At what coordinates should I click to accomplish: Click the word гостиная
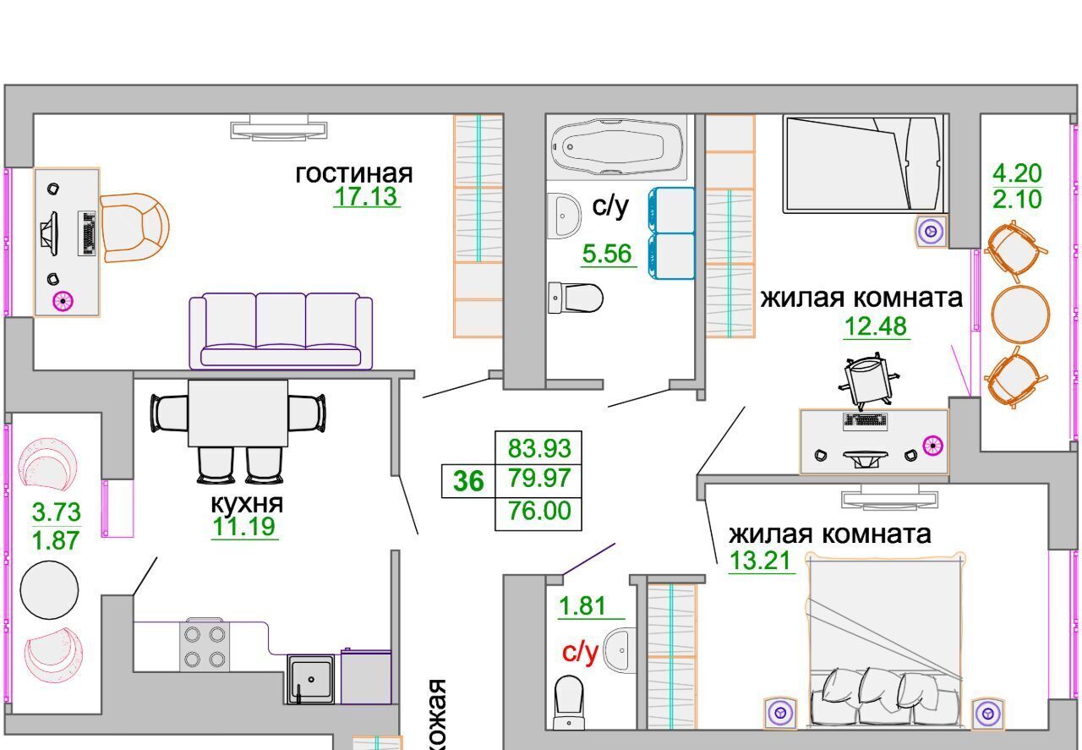tap(354, 174)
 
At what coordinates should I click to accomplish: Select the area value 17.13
tap(366, 197)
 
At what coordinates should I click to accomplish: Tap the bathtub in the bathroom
tap(617, 147)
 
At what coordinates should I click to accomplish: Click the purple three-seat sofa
tap(281, 331)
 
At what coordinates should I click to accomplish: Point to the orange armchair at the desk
tap(134, 227)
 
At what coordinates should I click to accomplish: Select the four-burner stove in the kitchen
tap(205, 646)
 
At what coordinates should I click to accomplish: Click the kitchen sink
tap(310, 679)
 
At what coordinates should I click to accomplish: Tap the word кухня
tap(247, 504)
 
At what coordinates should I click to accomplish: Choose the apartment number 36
tap(468, 481)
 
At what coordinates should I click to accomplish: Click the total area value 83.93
tap(539, 448)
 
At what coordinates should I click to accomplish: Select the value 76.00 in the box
tap(539, 511)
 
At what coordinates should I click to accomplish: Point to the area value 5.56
tap(607, 254)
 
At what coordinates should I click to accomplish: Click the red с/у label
tap(580, 653)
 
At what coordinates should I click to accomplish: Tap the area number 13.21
tap(760, 561)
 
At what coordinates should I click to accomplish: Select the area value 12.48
tap(876, 326)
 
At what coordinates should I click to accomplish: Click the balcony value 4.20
tap(1017, 173)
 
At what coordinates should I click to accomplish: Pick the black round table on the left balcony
tap(49, 589)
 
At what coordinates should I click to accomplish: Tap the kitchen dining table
tap(238, 413)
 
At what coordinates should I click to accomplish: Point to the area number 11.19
tap(244, 527)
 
